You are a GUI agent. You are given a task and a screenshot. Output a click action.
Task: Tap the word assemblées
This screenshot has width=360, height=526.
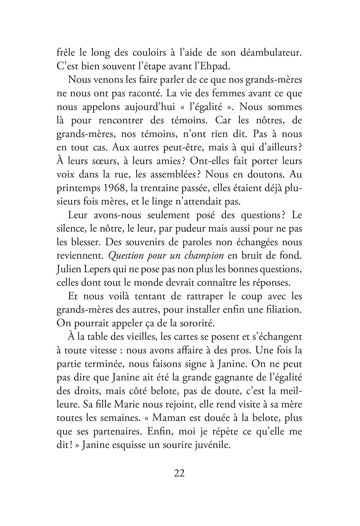coord(167,174)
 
